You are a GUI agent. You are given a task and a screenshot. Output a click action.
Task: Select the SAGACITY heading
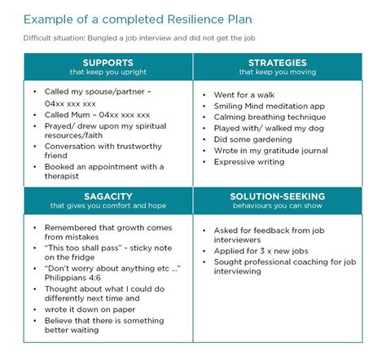click(x=107, y=195)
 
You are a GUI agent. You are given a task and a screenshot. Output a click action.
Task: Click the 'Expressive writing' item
click(x=249, y=161)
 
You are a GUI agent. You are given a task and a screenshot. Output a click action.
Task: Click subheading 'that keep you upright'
click(x=107, y=72)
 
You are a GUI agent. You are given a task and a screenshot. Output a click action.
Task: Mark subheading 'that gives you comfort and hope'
click(x=107, y=206)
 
